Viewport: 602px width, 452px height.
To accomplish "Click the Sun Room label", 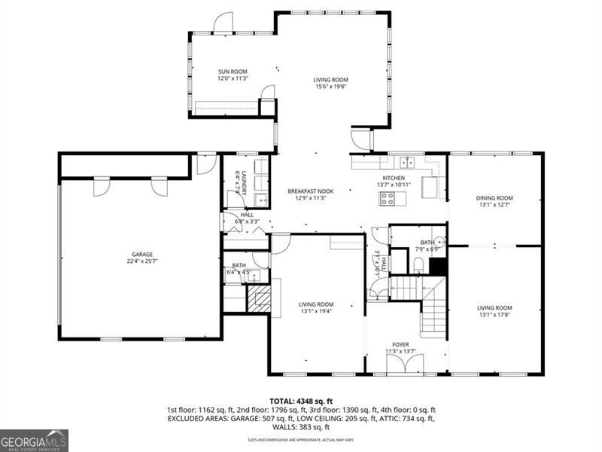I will coord(233,72).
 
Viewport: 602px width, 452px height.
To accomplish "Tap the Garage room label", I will coord(142,254).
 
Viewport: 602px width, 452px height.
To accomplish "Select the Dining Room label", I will coord(494,198).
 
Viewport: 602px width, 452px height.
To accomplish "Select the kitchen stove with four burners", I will coord(388,199).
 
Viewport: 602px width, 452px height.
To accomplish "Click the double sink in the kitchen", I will coord(407,161).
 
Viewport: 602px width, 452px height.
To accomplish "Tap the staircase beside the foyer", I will coord(425,301).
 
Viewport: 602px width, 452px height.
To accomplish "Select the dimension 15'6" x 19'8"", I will coord(330,86).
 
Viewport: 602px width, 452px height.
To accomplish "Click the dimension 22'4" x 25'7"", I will coord(142,261).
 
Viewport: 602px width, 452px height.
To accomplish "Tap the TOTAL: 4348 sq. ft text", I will coord(301,401).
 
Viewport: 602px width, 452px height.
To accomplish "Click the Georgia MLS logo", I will coord(34,439).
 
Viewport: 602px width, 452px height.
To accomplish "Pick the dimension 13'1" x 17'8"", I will coord(494,315).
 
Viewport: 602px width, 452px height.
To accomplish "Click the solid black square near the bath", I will coord(438,266).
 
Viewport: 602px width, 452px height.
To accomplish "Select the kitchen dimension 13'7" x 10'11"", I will coord(394,185).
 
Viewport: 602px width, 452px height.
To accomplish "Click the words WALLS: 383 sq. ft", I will coord(301,426).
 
